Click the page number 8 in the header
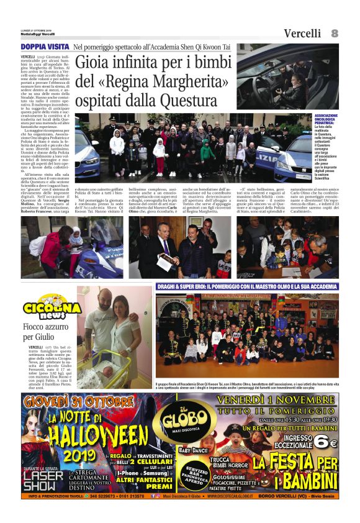(335, 33)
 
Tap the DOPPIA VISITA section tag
(44, 47)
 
